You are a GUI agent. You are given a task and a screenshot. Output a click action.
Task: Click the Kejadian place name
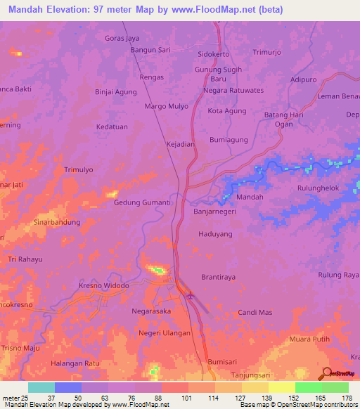click(180, 144)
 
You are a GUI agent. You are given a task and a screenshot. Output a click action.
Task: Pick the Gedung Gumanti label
click(143, 202)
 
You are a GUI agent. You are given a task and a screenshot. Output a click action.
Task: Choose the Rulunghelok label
click(319, 188)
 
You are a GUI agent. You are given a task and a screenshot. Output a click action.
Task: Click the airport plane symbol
click(191, 296)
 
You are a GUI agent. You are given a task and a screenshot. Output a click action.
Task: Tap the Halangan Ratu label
click(75, 363)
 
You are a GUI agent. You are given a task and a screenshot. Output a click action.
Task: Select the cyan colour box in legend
click(41, 387)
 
